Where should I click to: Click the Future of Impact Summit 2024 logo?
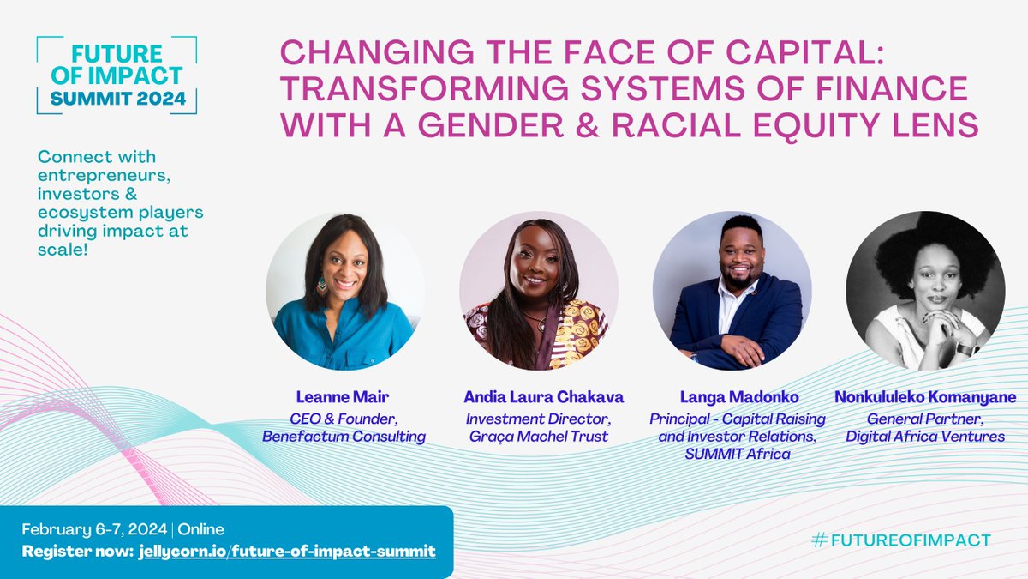point(117,75)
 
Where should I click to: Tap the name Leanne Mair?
point(344,397)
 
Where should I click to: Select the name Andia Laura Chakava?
point(544,397)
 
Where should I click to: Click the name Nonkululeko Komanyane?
point(925,397)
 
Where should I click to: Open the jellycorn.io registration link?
point(286,550)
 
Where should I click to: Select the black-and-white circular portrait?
point(925,291)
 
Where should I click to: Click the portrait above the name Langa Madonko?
point(732,291)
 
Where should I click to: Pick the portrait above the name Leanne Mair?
point(344,291)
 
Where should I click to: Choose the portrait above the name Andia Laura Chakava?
point(538,291)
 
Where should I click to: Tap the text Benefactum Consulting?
point(344,437)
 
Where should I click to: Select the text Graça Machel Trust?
point(537,437)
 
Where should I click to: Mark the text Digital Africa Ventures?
point(925,437)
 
